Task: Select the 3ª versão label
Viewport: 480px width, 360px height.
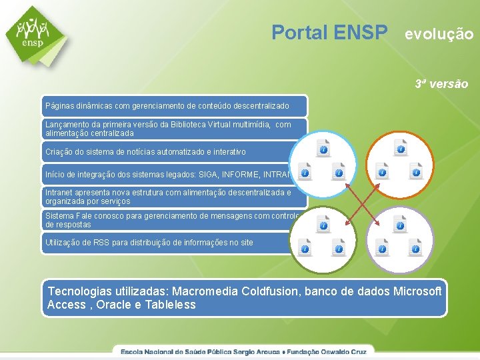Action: pyautogui.click(x=441, y=84)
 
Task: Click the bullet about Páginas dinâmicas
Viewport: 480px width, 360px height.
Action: pyautogui.click(x=167, y=106)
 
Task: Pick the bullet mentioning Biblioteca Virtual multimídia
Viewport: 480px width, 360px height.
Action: pyautogui.click(x=167, y=129)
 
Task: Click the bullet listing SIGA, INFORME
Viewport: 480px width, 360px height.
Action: pyautogui.click(x=167, y=174)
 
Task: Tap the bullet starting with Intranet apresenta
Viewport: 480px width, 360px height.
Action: pyautogui.click(x=167, y=197)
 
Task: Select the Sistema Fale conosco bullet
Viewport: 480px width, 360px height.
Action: pyautogui.click(x=167, y=220)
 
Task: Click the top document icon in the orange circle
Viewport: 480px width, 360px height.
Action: pyautogui.click(x=400, y=148)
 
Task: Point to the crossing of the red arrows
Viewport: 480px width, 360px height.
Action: pyautogui.click(x=361, y=199)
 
